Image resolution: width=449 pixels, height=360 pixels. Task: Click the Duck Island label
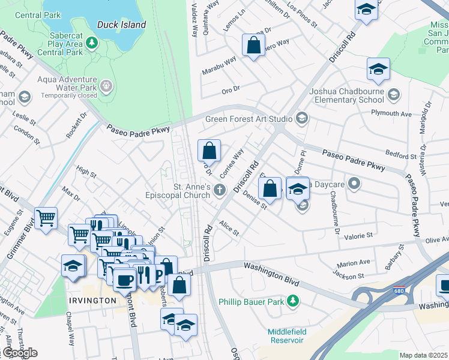(x=121, y=25)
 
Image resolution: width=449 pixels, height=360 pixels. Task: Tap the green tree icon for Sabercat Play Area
(x=91, y=43)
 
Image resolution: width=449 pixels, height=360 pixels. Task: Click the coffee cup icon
(x=124, y=279)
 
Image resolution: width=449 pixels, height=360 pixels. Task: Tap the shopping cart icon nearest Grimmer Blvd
(x=46, y=218)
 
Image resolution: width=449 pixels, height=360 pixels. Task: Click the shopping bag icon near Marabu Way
(x=253, y=44)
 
